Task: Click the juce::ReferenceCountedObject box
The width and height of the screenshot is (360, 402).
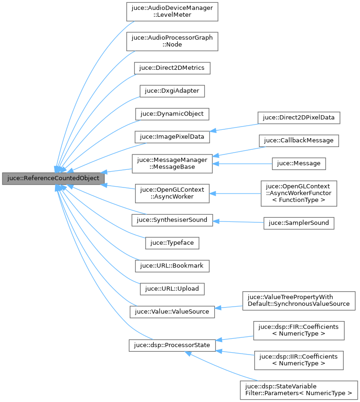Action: pyautogui.click(x=53, y=178)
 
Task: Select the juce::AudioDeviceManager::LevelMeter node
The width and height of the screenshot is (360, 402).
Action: pyautogui.click(x=172, y=11)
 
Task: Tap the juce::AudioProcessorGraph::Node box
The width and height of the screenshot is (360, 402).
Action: pyautogui.click(x=172, y=41)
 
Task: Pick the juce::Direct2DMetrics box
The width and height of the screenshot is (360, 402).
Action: pyautogui.click(x=172, y=67)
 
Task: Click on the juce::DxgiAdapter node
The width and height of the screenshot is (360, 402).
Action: pyautogui.click(x=172, y=90)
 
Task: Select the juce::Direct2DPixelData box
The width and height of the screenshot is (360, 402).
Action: pyautogui.click(x=299, y=117)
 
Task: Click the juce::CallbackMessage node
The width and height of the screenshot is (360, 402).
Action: pyautogui.click(x=299, y=140)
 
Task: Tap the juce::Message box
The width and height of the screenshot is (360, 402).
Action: pyautogui.click(x=299, y=163)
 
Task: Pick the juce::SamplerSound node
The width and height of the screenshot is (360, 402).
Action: pyautogui.click(x=299, y=223)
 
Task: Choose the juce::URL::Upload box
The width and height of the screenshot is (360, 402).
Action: pyautogui.click(x=172, y=288)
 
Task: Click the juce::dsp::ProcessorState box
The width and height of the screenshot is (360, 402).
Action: pyautogui.click(x=172, y=345)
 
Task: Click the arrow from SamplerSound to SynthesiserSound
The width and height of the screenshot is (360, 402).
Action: pyautogui.click(x=238, y=221)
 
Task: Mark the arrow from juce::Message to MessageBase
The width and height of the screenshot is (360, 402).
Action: pyautogui.click(x=243, y=163)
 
